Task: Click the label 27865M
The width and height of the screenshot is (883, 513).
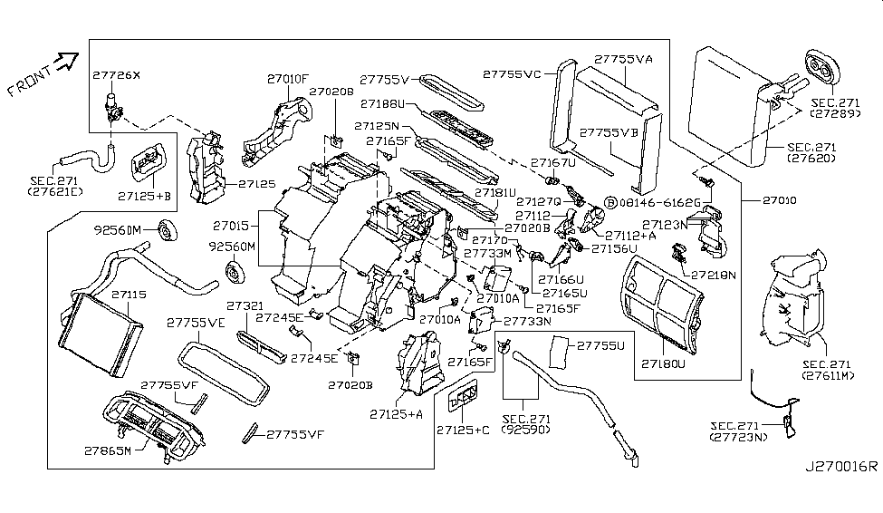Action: (104, 450)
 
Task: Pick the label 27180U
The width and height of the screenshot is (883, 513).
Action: (663, 365)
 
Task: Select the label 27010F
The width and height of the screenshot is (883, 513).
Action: (289, 79)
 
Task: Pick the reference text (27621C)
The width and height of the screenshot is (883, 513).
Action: (54, 192)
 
